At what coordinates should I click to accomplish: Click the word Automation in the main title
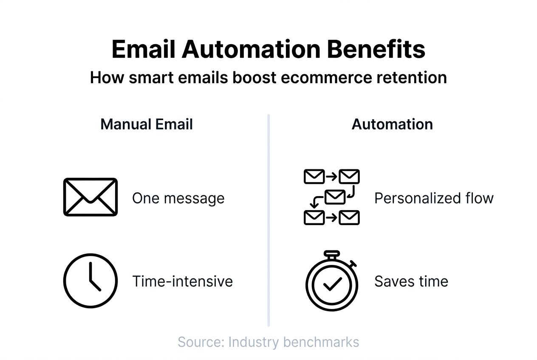click(x=251, y=49)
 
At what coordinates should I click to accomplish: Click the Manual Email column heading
click(x=147, y=124)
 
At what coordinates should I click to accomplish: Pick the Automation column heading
click(x=392, y=124)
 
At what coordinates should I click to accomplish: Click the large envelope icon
click(x=90, y=197)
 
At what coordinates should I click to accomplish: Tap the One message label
click(x=178, y=198)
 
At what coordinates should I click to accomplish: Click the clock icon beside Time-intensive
click(x=90, y=281)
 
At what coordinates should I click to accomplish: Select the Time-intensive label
click(x=182, y=281)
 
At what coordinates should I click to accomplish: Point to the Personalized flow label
click(x=434, y=198)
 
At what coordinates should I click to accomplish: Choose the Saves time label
click(x=411, y=281)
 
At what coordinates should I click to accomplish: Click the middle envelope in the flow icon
click(x=335, y=197)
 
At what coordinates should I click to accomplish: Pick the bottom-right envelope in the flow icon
click(x=350, y=218)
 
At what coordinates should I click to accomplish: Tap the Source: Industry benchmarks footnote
click(x=268, y=342)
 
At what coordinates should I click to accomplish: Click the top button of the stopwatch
click(x=332, y=254)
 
